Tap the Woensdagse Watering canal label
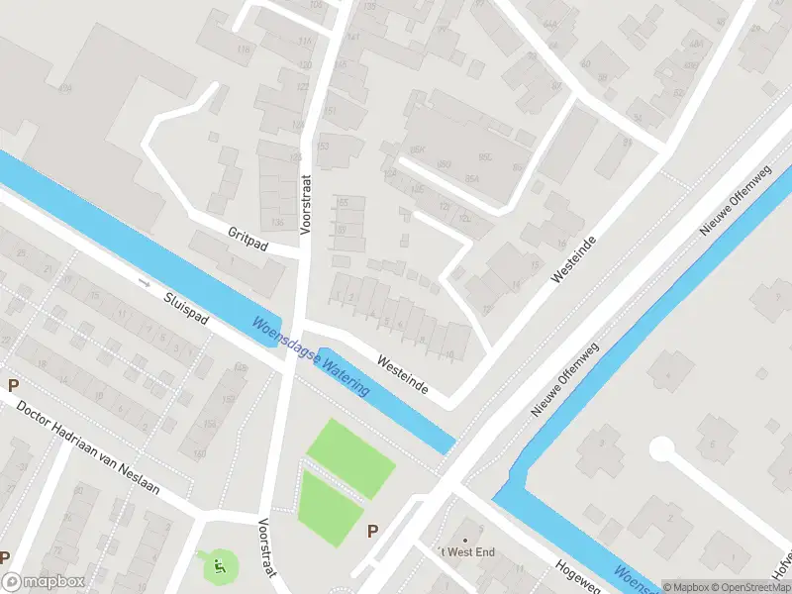point(311,355)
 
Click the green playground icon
point(220,566)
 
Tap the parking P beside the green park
point(372,531)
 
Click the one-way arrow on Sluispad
point(145,282)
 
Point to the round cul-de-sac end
point(661,448)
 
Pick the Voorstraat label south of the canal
point(266,548)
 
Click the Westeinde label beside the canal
point(400,375)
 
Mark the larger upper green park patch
point(350,457)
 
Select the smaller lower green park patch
point(330,507)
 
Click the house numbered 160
point(199,454)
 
